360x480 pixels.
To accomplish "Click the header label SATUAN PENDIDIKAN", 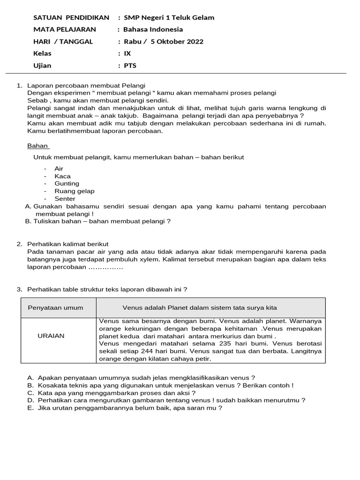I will (x=71, y=17).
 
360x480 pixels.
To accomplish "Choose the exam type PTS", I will (x=130, y=66).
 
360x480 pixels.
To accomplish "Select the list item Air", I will (x=59, y=169).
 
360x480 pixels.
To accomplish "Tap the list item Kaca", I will (x=62, y=176).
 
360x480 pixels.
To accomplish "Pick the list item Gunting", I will (x=67, y=184).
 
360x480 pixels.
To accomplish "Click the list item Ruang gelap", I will (x=74, y=191).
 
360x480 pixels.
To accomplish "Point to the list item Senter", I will (x=65, y=199).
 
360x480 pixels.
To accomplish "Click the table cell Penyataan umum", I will (x=55, y=308).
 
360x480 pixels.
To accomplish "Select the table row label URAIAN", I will (x=51, y=336).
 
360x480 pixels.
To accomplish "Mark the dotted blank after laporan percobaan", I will (x=105, y=267).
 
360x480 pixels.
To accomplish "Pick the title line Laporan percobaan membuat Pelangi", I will (x=86, y=85).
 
